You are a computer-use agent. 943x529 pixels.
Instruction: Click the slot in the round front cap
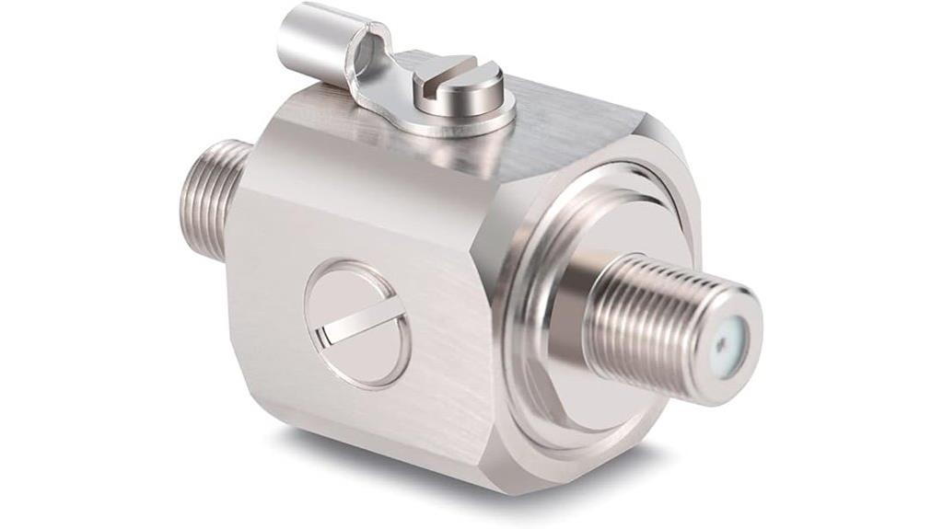[357, 323]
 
